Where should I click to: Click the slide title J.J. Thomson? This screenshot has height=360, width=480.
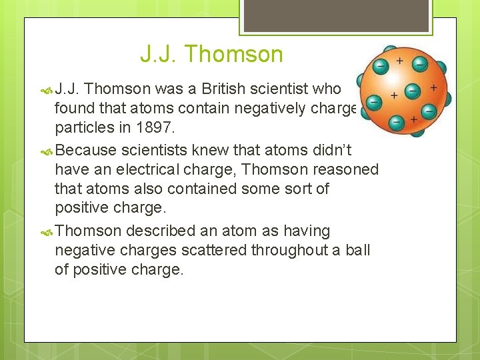pyautogui.click(x=211, y=54)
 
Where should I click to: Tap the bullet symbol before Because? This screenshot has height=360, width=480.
pyautogui.click(x=46, y=151)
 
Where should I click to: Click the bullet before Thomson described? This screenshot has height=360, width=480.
pyautogui.click(x=46, y=231)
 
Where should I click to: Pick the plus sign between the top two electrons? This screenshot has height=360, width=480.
pyautogui.click(x=400, y=61)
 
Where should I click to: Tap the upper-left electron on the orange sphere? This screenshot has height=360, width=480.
pyautogui.click(x=381, y=66)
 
